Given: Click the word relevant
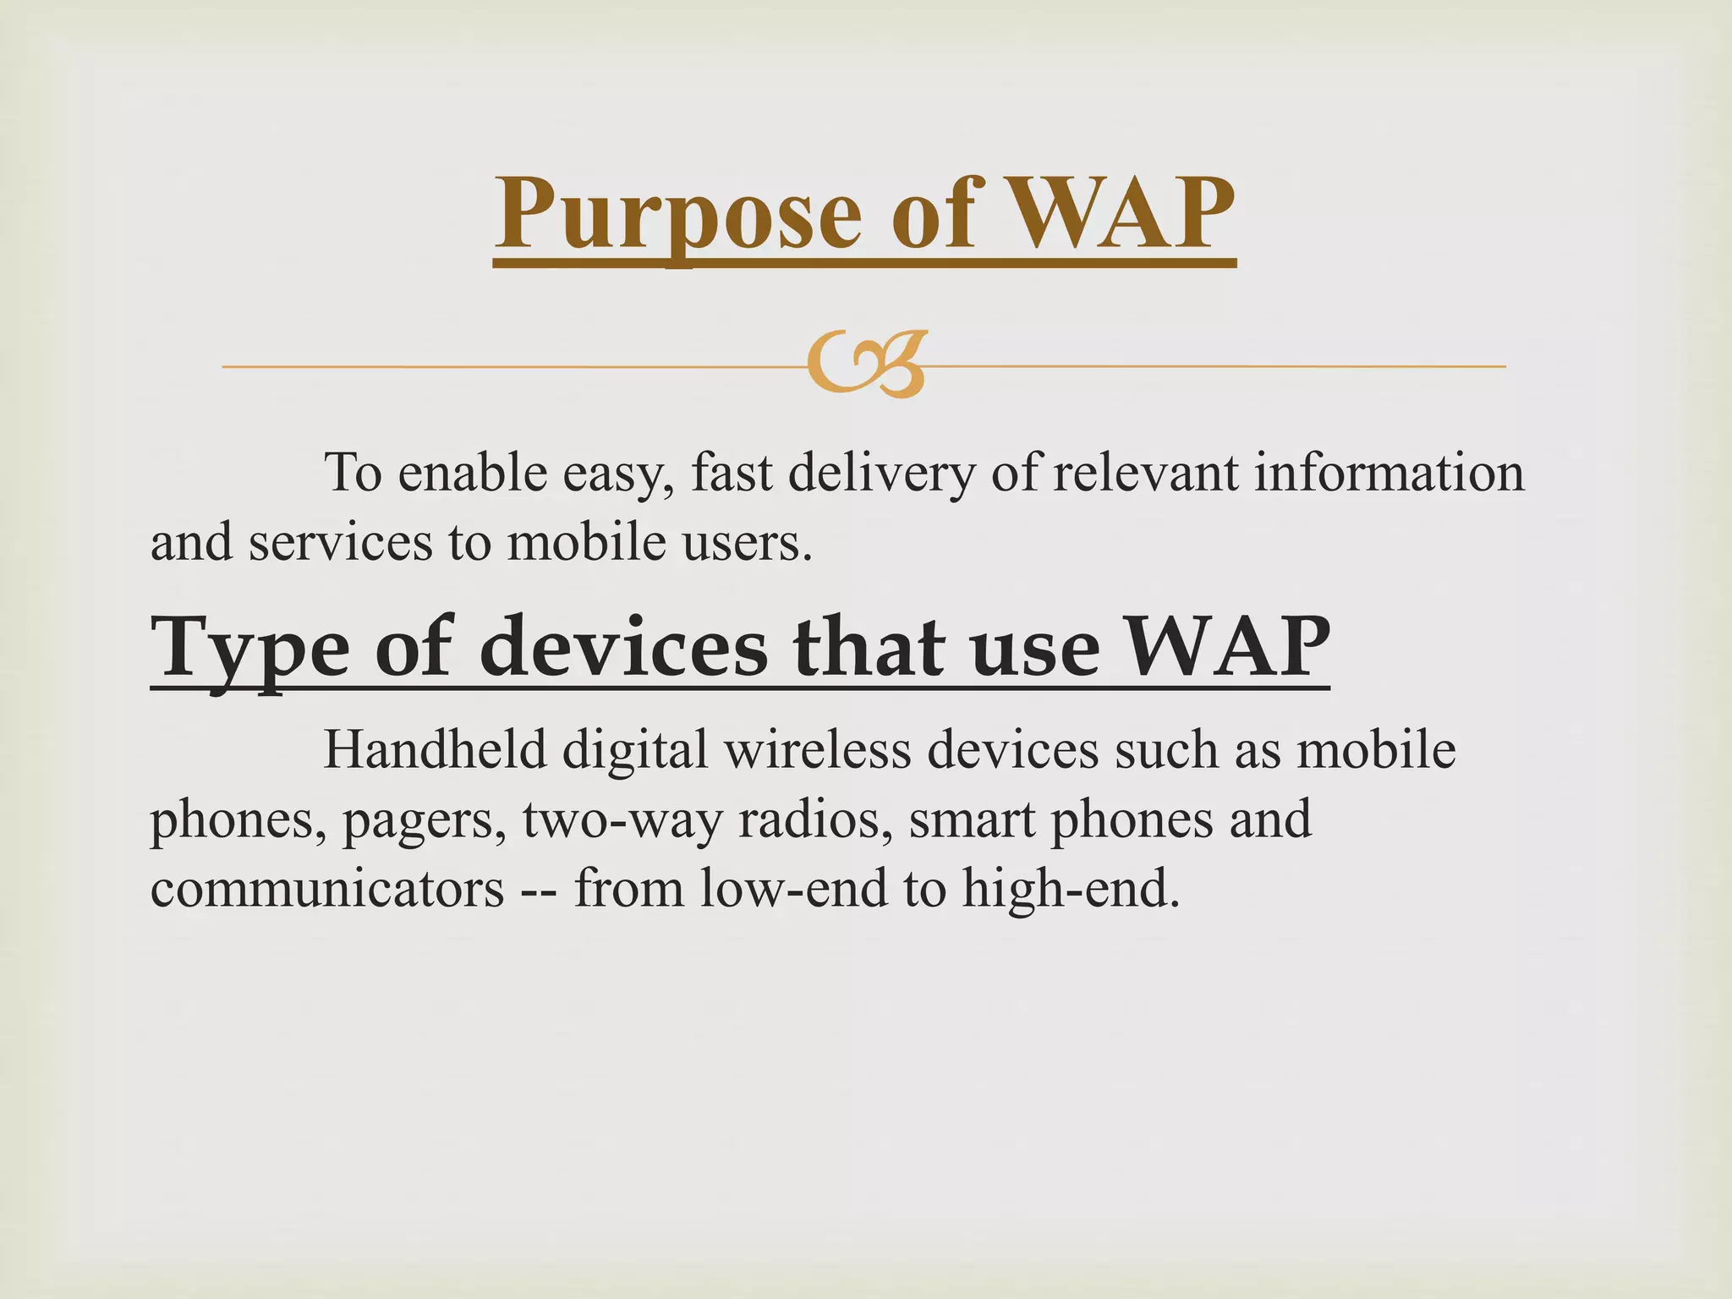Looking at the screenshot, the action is point(1145,473).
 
